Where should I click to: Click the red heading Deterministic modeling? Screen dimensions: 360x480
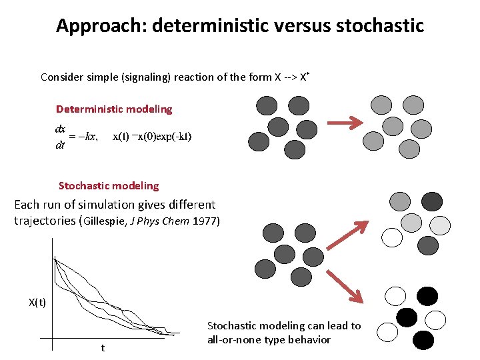[114, 109]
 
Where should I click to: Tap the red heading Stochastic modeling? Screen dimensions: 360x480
[109, 186]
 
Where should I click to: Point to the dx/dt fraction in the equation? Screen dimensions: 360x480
[60, 137]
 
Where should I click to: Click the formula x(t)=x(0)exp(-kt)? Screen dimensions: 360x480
[152, 137]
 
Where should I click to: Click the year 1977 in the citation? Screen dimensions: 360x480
[204, 221]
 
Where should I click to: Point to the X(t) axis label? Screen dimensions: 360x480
[37, 303]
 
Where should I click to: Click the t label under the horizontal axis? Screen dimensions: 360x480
[102, 348]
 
